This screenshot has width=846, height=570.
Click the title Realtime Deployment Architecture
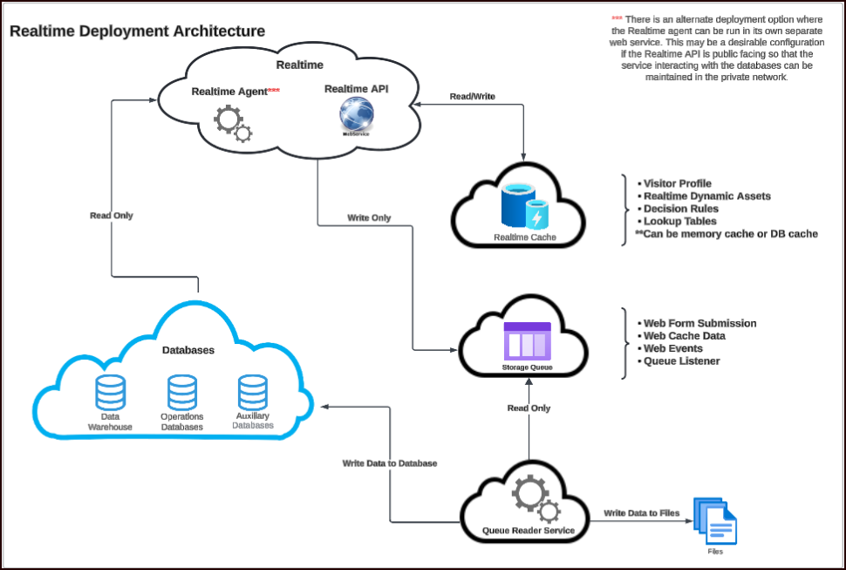tap(137, 31)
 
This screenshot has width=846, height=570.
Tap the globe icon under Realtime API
tap(357, 114)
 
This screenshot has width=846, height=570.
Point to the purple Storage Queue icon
tap(527, 340)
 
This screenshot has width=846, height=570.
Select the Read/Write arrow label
tap(472, 96)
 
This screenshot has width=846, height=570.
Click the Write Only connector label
tap(369, 217)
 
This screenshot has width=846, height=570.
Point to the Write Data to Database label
tap(389, 463)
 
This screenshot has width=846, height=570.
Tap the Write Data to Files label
tap(641, 512)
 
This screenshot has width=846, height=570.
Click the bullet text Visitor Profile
tap(678, 183)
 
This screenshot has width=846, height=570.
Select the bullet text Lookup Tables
tap(680, 221)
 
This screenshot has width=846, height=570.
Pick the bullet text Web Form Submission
tap(699, 323)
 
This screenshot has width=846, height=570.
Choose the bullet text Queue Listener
tap(681, 361)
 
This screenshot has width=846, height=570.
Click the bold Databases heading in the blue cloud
tap(188, 350)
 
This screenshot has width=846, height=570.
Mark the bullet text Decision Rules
tap(680, 209)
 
